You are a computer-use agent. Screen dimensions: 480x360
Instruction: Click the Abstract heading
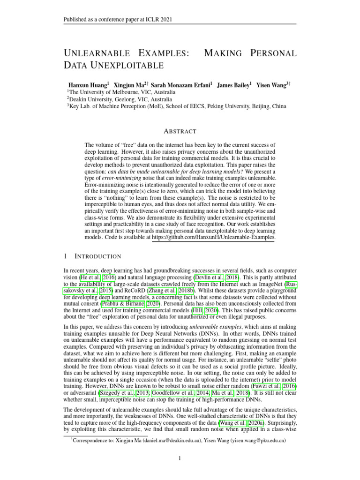180,131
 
